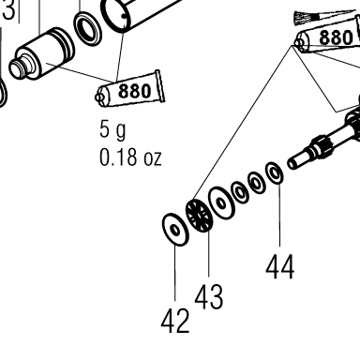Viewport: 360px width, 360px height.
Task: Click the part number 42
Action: [175, 320]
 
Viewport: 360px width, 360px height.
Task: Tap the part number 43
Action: [209, 296]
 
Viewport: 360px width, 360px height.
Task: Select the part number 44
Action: [280, 266]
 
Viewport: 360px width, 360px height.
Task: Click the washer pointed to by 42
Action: [175, 230]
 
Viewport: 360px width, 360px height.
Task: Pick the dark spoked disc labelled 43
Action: [199, 216]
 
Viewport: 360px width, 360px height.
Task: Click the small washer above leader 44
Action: [275, 172]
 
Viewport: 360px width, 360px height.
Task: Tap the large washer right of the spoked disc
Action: [221, 203]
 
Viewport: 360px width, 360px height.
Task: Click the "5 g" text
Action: [112, 129]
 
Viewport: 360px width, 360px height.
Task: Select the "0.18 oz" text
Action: [130, 157]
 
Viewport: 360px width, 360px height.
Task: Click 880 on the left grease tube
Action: [135, 91]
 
